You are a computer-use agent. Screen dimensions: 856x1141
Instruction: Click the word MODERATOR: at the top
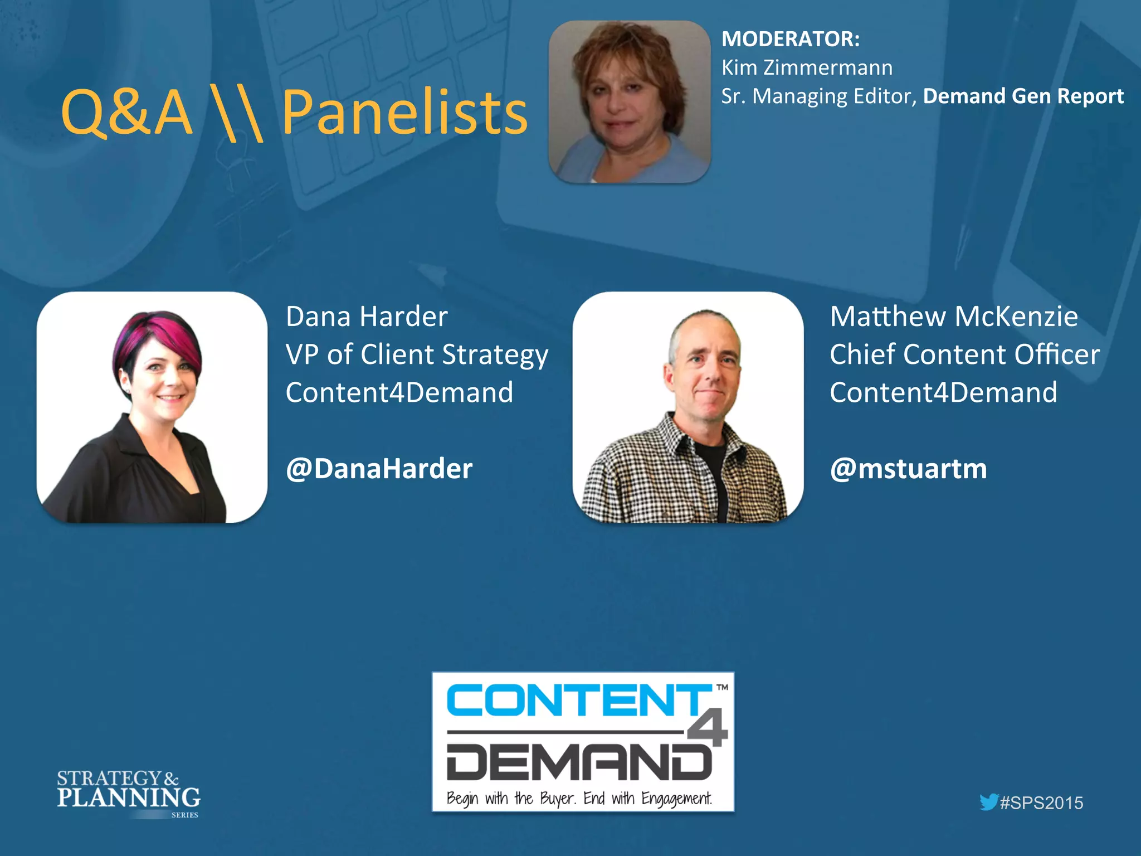[790, 39]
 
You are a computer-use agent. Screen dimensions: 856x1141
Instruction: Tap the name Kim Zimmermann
[807, 68]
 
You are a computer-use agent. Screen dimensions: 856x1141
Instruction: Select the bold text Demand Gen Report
[1023, 96]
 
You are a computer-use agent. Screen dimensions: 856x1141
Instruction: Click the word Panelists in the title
[404, 113]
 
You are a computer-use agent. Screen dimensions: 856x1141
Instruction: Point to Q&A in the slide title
[127, 113]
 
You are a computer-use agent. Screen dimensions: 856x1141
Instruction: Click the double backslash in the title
[236, 114]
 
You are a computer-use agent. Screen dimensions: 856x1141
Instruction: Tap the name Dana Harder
[367, 317]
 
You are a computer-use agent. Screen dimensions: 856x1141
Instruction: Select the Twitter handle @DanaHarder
[379, 469]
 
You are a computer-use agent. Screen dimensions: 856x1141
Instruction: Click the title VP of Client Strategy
[417, 355]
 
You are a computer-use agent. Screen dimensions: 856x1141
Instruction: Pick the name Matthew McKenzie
[954, 317]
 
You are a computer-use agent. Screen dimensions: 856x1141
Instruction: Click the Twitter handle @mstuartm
[908, 469]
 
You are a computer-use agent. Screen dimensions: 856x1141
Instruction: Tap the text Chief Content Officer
[965, 354]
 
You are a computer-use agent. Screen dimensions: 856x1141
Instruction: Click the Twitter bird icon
[989, 802]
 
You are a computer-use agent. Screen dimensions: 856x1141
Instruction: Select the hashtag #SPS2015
[1041, 803]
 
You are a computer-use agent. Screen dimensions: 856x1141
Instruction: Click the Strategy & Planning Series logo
[128, 792]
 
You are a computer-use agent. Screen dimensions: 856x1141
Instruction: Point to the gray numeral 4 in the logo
[708, 727]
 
